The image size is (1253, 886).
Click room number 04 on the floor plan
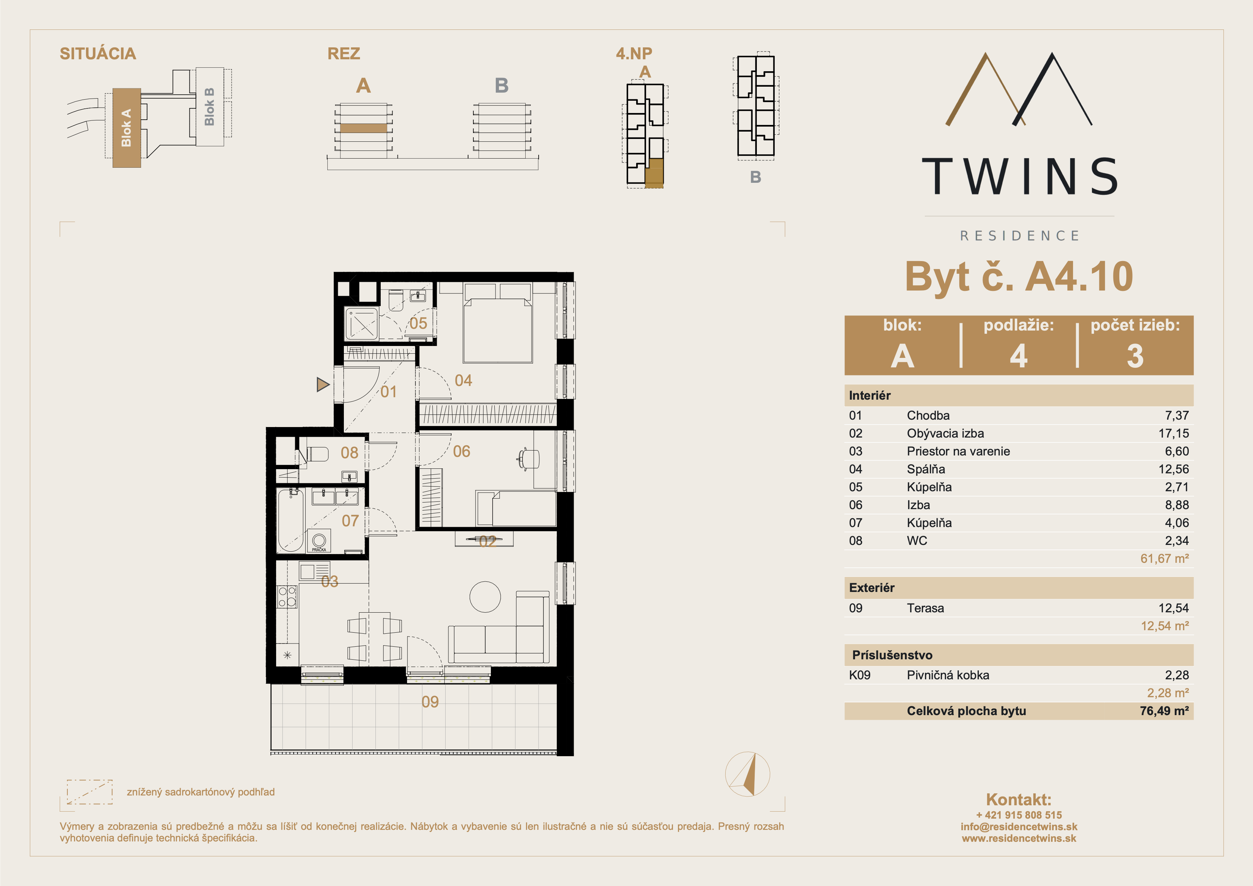click(463, 380)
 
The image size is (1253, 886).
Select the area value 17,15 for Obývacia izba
click(1173, 433)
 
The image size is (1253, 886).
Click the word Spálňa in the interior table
click(926, 469)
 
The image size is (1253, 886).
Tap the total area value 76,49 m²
click(1164, 711)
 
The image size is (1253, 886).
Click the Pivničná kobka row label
click(948, 675)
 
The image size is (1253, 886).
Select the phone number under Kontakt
click(1019, 815)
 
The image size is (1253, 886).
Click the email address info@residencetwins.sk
click(1019, 826)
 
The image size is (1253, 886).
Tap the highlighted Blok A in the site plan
click(127, 128)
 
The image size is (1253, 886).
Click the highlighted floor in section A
click(364, 128)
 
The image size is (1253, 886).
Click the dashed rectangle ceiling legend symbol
click(89, 792)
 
